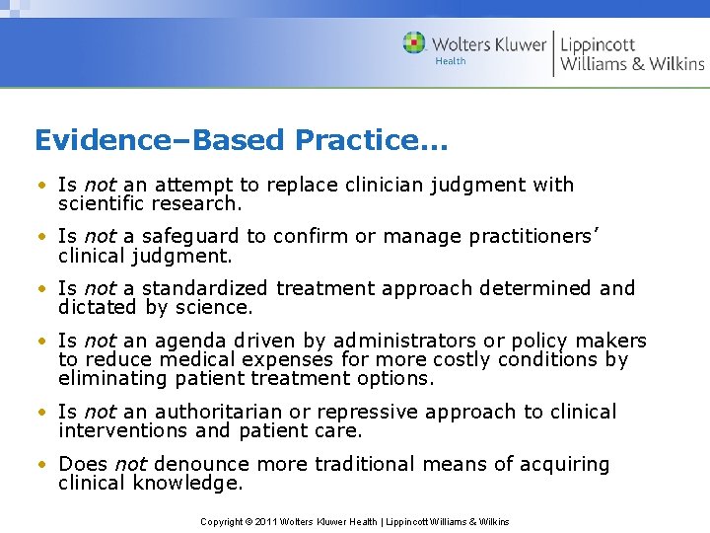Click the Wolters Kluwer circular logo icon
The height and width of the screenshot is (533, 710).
click(x=414, y=43)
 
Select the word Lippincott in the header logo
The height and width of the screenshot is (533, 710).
click(x=599, y=44)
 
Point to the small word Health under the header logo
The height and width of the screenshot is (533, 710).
click(x=450, y=61)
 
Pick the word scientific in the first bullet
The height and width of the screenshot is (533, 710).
click(x=103, y=203)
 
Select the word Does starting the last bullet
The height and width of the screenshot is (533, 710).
click(x=84, y=464)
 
